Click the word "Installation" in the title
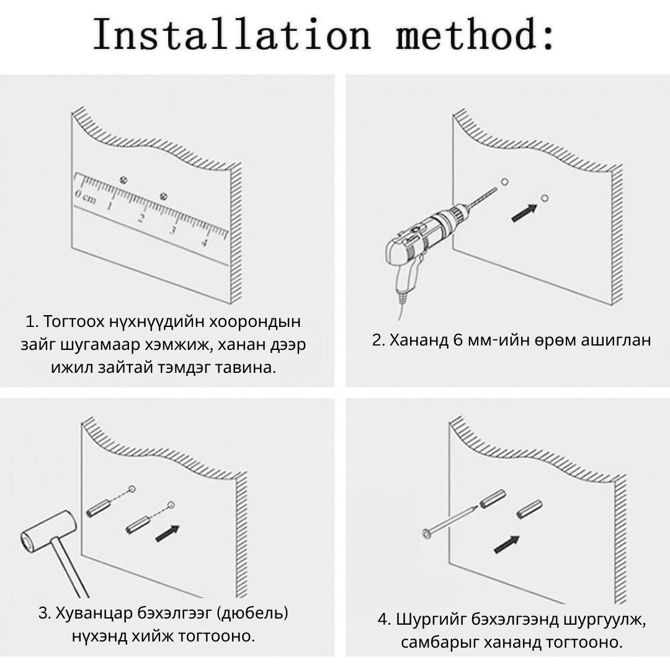click(231, 33)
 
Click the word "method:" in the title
click(475, 33)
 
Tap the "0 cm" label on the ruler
click(86, 197)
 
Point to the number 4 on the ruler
click(204, 243)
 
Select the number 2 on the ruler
click(141, 218)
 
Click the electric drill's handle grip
click(406, 274)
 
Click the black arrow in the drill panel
click(524, 213)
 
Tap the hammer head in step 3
click(48, 532)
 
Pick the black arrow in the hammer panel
click(167, 534)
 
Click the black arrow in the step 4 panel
click(507, 544)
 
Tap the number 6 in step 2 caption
click(458, 340)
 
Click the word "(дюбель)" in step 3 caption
click(252, 613)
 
